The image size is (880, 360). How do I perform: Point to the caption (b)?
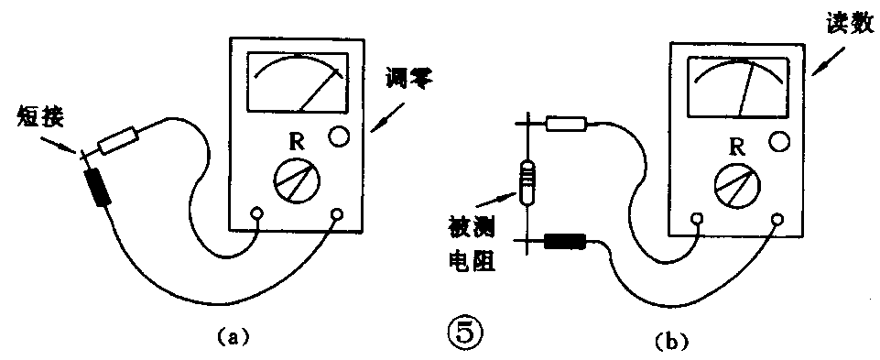(x=666, y=342)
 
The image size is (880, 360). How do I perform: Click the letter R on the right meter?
(x=736, y=144)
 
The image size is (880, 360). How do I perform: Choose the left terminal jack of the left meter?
(x=257, y=215)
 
